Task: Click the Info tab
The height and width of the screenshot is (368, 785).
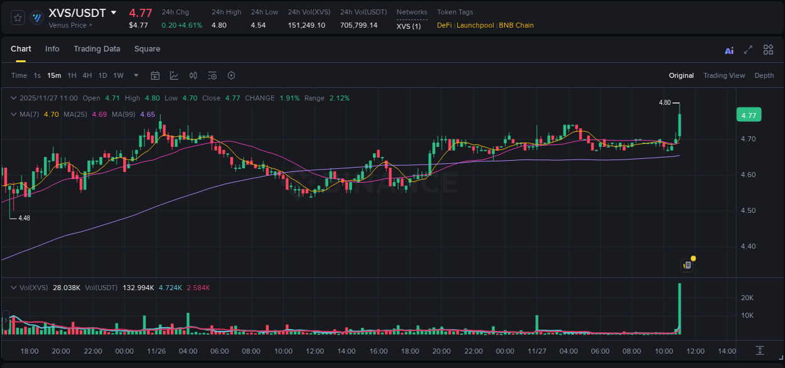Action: pos(52,49)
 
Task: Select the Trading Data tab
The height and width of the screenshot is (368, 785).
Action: pos(97,49)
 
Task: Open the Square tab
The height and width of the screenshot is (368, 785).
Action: pos(147,49)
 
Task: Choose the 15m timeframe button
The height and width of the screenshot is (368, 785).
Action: pos(54,75)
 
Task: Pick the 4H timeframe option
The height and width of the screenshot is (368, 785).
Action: pos(87,75)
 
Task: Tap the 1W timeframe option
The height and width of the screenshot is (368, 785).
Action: pos(118,75)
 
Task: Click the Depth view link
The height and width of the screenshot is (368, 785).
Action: pos(764,75)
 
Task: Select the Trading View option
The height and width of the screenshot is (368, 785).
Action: pos(723,75)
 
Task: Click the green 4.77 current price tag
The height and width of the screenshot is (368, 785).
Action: pos(749,115)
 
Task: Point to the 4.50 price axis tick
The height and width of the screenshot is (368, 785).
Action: pos(747,210)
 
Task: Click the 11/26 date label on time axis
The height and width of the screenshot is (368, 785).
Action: pos(156,351)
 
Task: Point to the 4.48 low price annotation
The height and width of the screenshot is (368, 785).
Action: pos(24,218)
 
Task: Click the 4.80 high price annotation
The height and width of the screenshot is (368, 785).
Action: pos(664,102)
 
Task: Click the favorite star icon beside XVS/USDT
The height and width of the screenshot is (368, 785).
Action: pos(18,18)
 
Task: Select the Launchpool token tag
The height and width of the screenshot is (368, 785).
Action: pos(476,25)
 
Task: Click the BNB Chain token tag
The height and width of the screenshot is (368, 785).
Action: pos(516,25)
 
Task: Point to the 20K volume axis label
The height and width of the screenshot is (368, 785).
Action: pos(747,298)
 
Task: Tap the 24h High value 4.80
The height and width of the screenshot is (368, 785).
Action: pos(219,25)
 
